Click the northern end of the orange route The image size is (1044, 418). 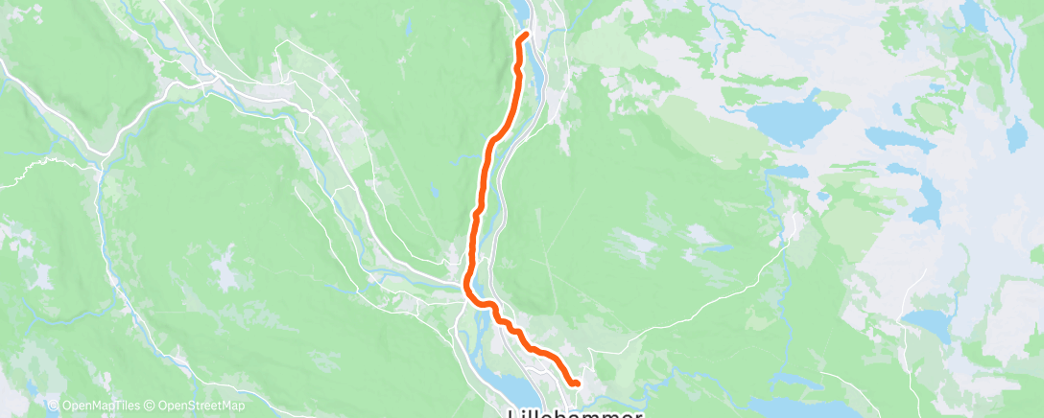pyautogui.click(x=527, y=35)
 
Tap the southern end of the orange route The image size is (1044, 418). pyautogui.click(x=576, y=383)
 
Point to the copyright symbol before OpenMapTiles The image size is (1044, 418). pyautogui.click(x=54, y=406)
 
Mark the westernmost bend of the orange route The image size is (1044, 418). pyautogui.click(x=467, y=283)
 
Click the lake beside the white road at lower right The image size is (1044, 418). pyautogui.click(x=927, y=320)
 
